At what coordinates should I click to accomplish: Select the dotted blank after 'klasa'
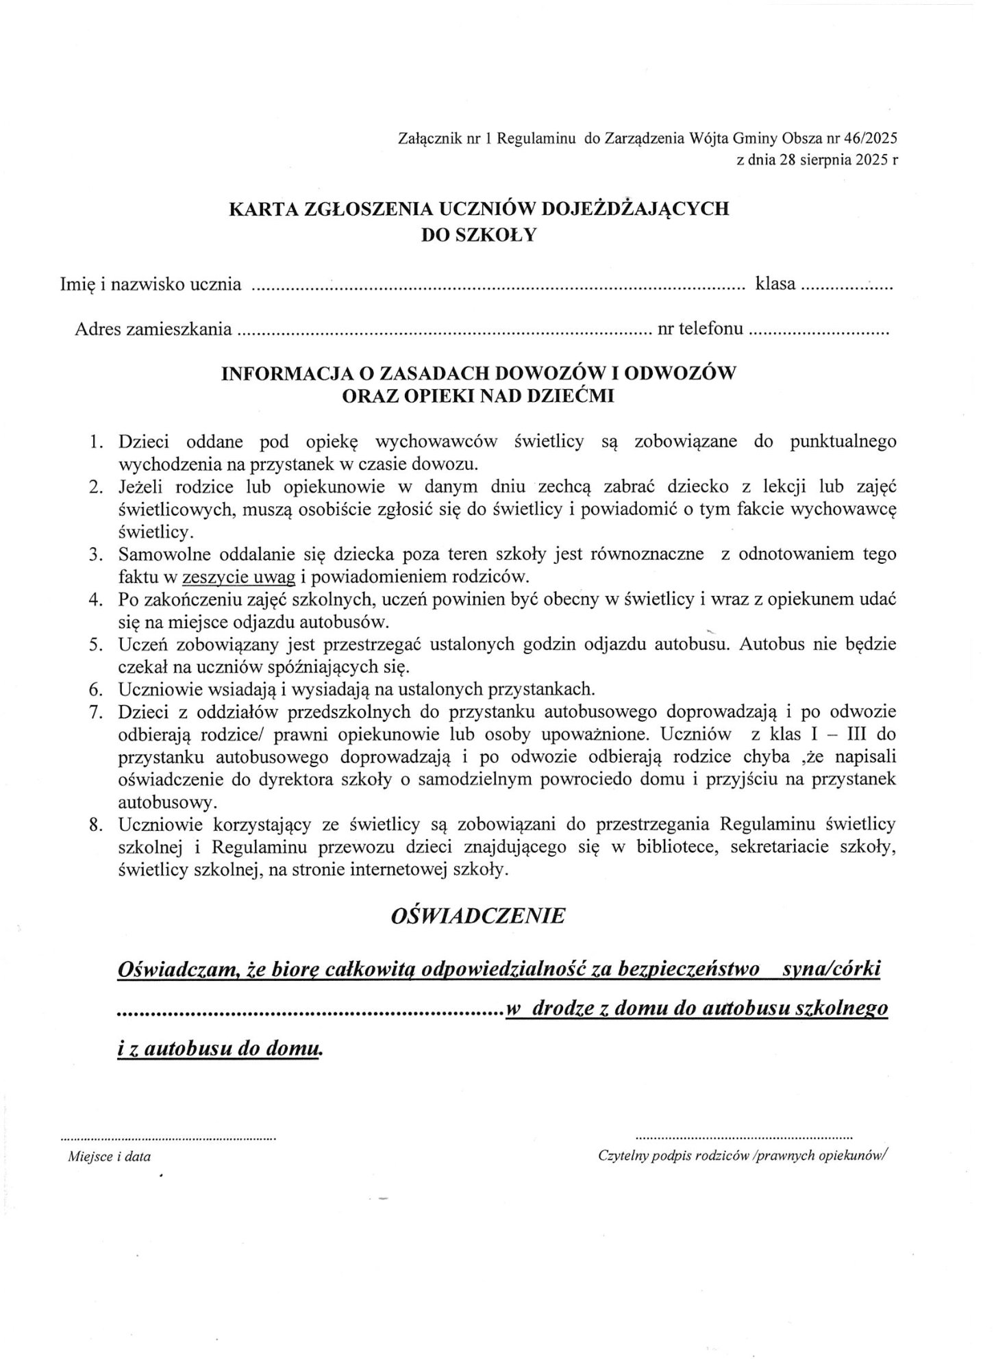[847, 287]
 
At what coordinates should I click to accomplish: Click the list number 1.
[96, 442]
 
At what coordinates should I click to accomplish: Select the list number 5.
[96, 645]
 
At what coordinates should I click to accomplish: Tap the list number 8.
[96, 825]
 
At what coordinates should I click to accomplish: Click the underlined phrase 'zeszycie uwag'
[238, 577]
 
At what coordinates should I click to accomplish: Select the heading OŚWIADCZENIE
[477, 916]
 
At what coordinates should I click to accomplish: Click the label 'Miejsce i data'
[110, 1157]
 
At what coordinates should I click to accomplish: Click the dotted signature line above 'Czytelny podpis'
[745, 1136]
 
